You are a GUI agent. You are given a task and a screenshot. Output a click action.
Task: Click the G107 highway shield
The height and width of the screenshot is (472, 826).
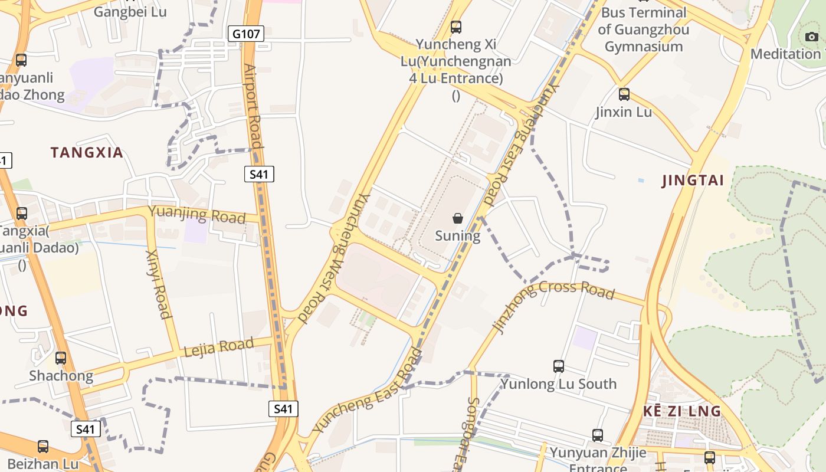(x=245, y=34)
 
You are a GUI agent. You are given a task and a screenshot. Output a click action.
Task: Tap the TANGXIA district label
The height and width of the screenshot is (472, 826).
(x=87, y=153)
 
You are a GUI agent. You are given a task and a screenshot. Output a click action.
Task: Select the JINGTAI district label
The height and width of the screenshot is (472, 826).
(x=693, y=181)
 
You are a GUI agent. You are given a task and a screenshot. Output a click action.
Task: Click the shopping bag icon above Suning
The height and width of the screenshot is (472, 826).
(x=457, y=219)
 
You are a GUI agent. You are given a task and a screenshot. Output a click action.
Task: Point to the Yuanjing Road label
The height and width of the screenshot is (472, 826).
(x=196, y=214)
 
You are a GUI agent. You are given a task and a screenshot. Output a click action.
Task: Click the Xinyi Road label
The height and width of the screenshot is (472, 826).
(x=158, y=284)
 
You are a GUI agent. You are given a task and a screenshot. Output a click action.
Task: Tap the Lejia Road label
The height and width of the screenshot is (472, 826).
(x=219, y=347)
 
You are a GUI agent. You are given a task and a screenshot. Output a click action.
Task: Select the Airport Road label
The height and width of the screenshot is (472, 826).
(x=253, y=106)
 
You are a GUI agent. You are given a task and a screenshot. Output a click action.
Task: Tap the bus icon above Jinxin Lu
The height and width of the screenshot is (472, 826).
(x=624, y=94)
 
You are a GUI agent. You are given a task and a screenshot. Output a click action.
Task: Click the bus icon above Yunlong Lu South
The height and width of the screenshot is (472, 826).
(x=559, y=366)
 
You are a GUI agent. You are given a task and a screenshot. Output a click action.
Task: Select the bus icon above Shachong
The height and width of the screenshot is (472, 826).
(x=61, y=358)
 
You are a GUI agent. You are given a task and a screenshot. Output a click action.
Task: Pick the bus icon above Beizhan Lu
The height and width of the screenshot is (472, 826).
(x=43, y=447)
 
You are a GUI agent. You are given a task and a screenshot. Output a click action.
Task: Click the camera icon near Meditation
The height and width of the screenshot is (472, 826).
(x=812, y=37)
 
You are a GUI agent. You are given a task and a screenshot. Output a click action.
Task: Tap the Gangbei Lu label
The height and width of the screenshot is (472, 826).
(x=130, y=11)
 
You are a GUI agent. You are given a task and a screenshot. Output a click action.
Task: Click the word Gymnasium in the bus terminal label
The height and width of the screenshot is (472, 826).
(x=644, y=47)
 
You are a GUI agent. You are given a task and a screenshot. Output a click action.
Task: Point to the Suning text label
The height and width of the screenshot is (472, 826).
(x=457, y=236)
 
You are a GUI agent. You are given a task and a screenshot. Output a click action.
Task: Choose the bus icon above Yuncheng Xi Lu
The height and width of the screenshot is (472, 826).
(x=455, y=27)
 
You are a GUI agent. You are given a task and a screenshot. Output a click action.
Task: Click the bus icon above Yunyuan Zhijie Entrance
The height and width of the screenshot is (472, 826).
(x=598, y=436)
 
